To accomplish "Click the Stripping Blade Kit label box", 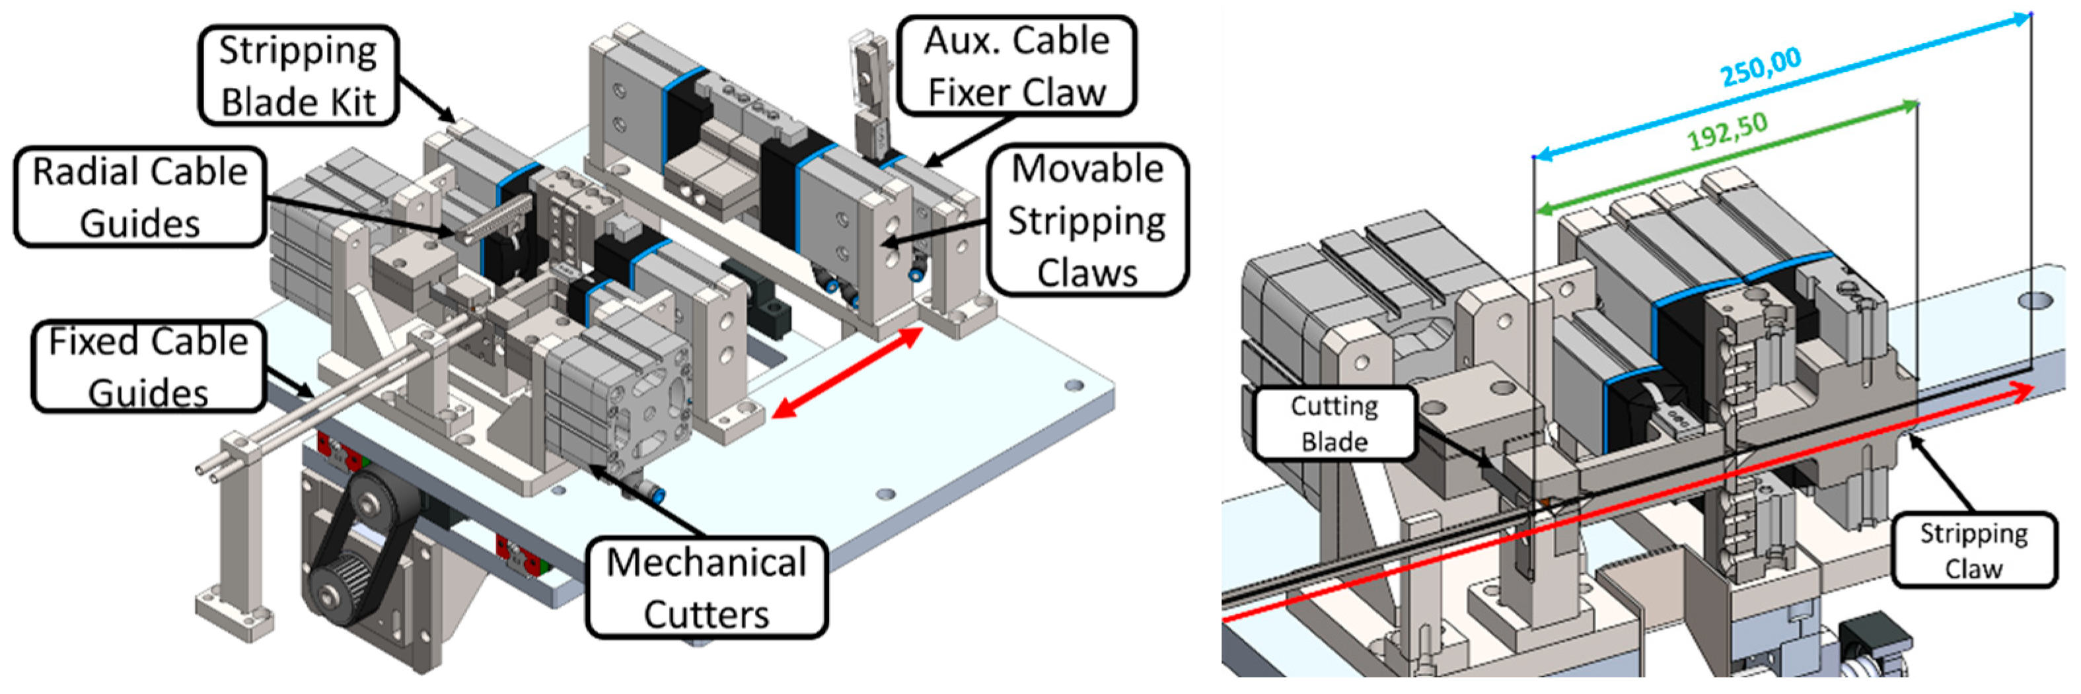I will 298,75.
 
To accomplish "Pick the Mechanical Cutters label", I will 706,587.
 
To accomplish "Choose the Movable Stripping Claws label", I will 1087,220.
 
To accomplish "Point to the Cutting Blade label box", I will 1334,423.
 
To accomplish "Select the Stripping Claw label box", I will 1973,549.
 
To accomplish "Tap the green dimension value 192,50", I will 1727,131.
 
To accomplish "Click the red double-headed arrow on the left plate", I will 847,372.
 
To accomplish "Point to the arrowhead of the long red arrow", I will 2024,391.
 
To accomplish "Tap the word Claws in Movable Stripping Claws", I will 1087,272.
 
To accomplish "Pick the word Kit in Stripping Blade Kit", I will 359,102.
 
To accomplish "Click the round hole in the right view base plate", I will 2035,301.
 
